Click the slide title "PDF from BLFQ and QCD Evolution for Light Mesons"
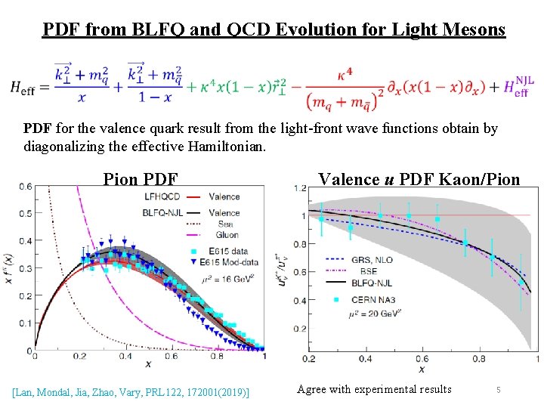274,29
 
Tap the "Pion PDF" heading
141,179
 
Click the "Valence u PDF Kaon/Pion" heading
419,179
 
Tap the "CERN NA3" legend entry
374,299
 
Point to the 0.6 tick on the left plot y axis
26,187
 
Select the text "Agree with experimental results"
374,390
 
